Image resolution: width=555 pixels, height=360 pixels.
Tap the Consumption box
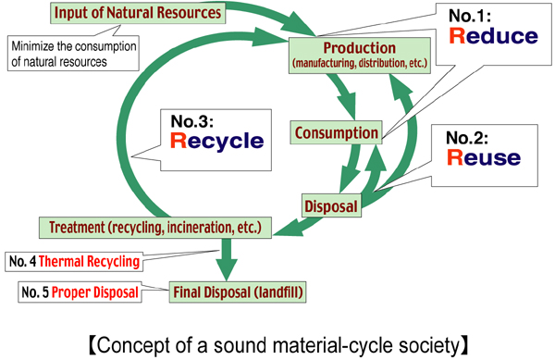[x=335, y=133]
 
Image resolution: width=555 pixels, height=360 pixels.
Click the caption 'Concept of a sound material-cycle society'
[x=277, y=344]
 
